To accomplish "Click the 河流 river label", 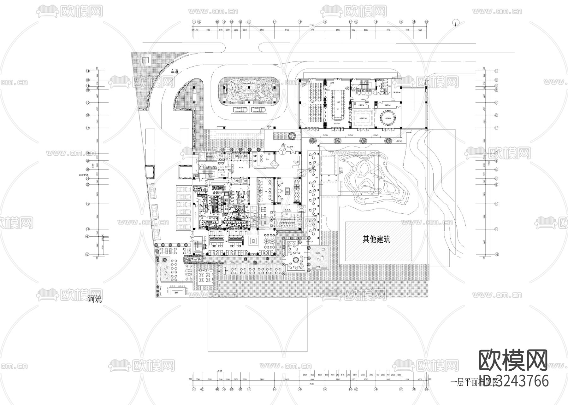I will tap(95, 300).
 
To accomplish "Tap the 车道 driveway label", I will tap(175, 72).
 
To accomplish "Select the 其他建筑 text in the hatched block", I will tap(376, 239).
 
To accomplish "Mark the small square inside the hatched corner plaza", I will tap(145, 60).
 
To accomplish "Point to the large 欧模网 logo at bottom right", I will tap(513, 361).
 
